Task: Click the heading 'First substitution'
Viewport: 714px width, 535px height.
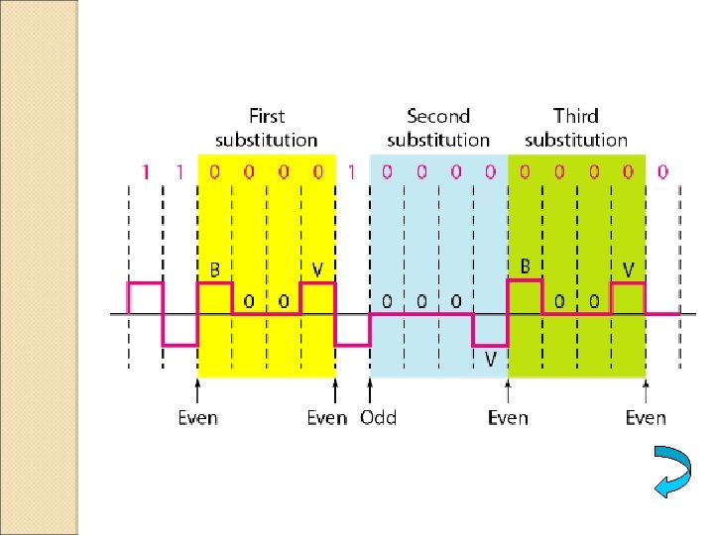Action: [x=267, y=128]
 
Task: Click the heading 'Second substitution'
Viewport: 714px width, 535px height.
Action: [x=438, y=128]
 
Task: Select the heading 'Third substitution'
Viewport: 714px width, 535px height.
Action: [x=576, y=128]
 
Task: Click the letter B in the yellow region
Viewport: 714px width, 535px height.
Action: [x=214, y=268]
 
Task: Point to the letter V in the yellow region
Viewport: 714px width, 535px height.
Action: [x=317, y=268]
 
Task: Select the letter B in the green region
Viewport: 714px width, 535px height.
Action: [x=525, y=267]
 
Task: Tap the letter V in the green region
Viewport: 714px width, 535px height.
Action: [x=629, y=268]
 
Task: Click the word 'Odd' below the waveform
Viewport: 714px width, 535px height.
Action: [x=378, y=417]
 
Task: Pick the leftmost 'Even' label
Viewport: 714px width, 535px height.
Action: [x=198, y=417]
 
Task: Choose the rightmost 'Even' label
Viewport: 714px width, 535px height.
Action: [x=646, y=417]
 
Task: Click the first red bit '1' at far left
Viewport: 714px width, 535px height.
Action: [x=145, y=171]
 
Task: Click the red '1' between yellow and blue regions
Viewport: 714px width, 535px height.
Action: [x=352, y=171]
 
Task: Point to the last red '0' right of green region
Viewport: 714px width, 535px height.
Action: [x=662, y=171]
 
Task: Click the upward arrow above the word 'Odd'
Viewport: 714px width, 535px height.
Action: [x=370, y=389]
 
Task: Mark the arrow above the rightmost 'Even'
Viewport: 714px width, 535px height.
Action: [x=646, y=389]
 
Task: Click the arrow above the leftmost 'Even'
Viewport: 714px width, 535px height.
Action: [x=198, y=389]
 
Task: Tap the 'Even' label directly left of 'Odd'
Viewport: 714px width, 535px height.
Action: [x=326, y=417]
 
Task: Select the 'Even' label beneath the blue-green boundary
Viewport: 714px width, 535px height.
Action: [x=508, y=417]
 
